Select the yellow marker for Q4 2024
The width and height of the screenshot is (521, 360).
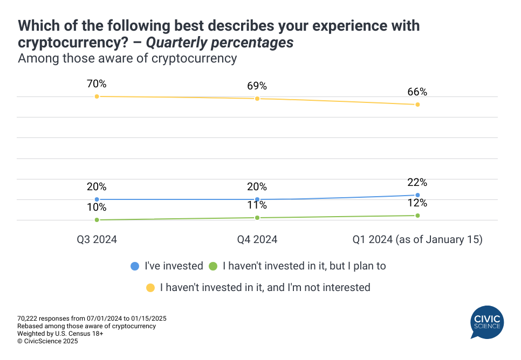click(257, 99)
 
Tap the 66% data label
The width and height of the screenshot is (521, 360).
click(417, 92)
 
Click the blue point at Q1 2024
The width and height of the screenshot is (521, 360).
click(418, 195)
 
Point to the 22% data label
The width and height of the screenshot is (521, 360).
click(417, 182)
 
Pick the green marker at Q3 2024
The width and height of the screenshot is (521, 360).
click(97, 220)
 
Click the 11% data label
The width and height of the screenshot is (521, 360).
click(257, 205)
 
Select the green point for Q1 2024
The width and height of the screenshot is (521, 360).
click(418, 216)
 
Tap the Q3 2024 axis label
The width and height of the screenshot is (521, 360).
click(97, 239)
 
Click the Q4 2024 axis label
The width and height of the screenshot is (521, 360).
click(257, 239)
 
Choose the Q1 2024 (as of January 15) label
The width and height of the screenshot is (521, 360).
click(417, 239)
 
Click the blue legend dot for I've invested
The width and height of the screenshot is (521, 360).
click(135, 266)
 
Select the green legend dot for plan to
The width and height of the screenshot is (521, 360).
click(212, 266)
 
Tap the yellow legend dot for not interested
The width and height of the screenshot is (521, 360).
click(150, 287)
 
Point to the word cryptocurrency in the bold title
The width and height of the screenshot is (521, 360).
click(60, 43)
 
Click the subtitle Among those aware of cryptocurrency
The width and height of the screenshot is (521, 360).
click(127, 58)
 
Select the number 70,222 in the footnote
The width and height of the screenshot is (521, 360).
click(28, 319)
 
